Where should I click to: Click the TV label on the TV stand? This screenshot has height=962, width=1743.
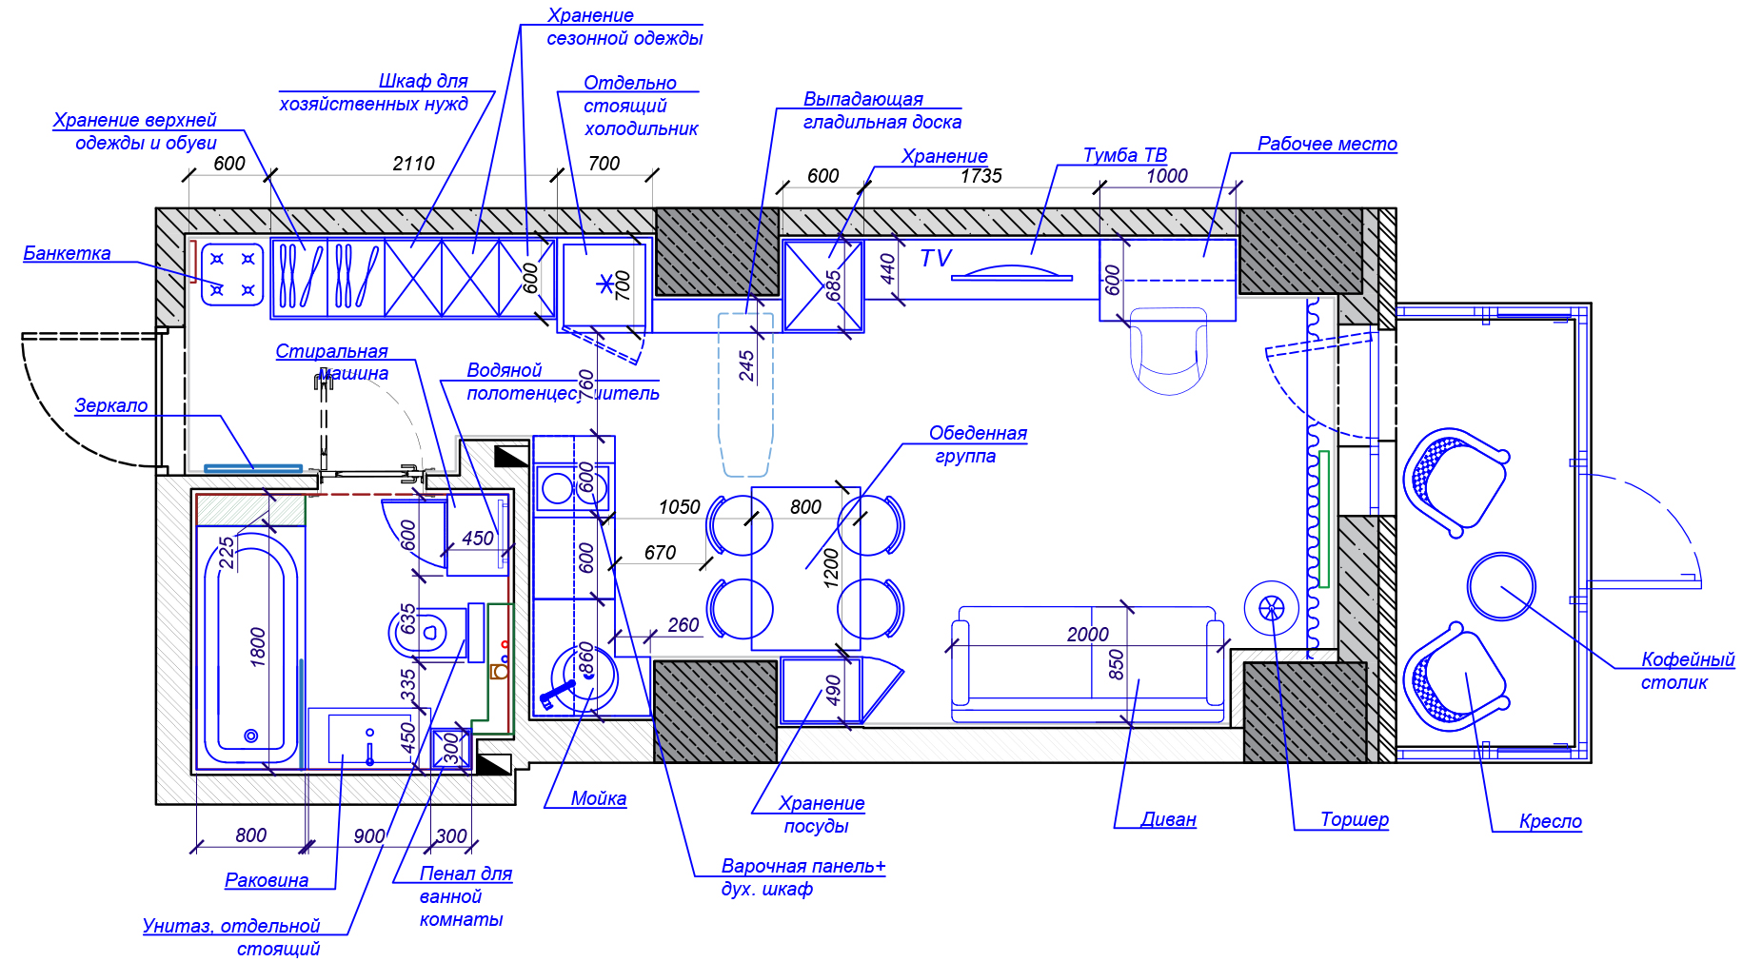click(936, 258)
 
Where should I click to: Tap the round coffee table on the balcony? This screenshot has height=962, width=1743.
click(1500, 586)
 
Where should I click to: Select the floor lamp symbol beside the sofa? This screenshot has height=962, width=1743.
click(1271, 608)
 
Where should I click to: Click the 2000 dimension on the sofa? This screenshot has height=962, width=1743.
click(1087, 635)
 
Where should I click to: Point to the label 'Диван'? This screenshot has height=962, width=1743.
click(1168, 819)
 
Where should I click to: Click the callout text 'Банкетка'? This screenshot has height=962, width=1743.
click(67, 253)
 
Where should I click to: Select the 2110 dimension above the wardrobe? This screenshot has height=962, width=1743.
click(413, 164)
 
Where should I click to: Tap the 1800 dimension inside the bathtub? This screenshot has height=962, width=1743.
click(258, 647)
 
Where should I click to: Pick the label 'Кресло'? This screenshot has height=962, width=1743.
click(1550, 821)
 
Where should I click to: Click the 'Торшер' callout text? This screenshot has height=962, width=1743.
click(1354, 819)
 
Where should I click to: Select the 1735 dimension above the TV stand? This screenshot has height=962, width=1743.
click(980, 176)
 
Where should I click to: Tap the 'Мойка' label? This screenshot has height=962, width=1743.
click(598, 798)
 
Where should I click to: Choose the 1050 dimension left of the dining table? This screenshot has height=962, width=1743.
click(679, 507)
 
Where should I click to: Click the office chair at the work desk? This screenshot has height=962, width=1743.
click(1168, 350)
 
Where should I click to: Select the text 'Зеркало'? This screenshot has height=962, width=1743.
click(111, 405)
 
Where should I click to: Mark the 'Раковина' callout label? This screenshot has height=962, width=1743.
click(267, 880)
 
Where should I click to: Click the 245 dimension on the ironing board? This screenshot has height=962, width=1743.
click(746, 365)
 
